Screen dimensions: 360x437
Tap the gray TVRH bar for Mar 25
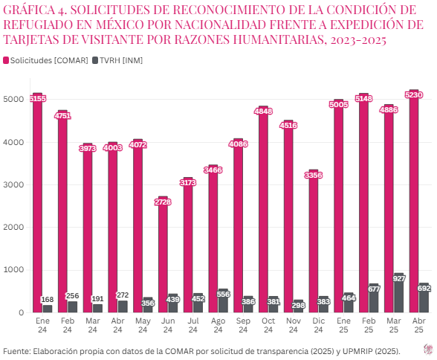pyautogui.click(x=399, y=295)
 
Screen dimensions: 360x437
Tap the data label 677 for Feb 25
pyautogui.click(x=374, y=289)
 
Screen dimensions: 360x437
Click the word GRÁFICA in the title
pyautogui.click(x=29, y=10)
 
